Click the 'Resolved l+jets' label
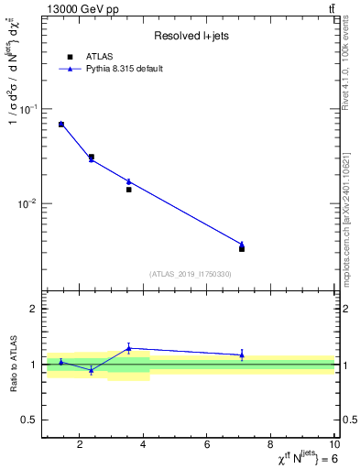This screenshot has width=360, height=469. [x=189, y=37]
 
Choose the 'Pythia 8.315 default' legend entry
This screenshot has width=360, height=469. [x=125, y=69]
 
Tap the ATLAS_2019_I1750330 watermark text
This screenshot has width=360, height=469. [x=190, y=274]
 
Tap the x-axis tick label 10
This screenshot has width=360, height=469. [x=333, y=445]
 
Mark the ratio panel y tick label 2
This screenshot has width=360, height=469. [x=31, y=309]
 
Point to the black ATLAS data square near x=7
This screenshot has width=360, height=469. [x=242, y=248]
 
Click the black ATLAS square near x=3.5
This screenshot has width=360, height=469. [x=129, y=190]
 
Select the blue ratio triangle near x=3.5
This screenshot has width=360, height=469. [x=129, y=347]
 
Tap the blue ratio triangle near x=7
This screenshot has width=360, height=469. [x=242, y=354]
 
